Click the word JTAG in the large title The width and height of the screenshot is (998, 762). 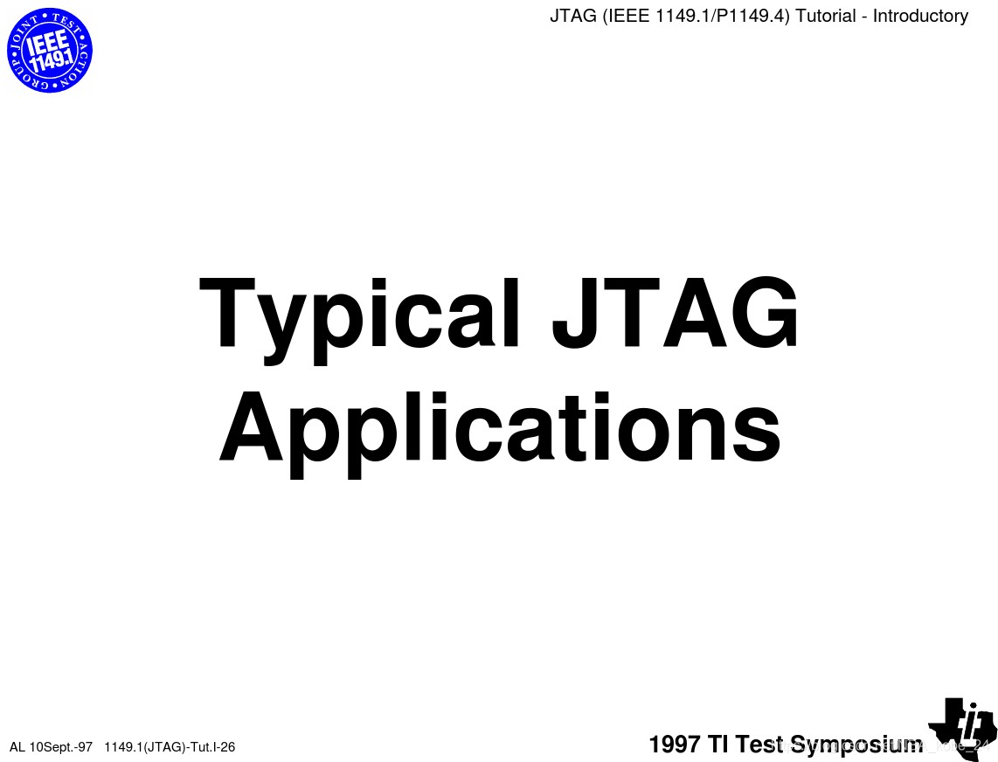tap(675, 312)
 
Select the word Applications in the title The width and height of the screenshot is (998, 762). tap(499, 427)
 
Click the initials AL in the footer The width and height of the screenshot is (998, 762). tap(17, 746)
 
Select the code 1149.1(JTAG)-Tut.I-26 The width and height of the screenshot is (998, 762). tap(170, 746)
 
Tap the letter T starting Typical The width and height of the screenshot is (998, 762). tap(229, 312)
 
